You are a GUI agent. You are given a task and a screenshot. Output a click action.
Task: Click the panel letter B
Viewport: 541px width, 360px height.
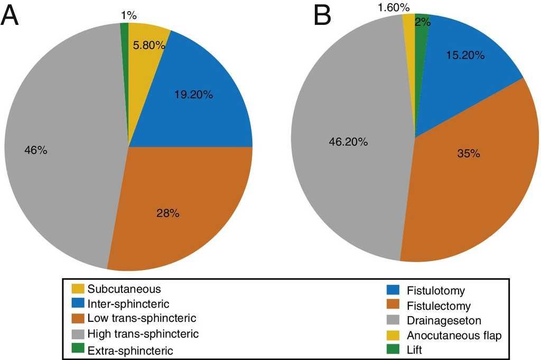(x=322, y=16)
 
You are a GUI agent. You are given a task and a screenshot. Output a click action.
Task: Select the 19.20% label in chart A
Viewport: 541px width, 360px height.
(x=193, y=96)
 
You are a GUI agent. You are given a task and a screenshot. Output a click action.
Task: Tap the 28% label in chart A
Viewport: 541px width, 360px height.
(x=168, y=213)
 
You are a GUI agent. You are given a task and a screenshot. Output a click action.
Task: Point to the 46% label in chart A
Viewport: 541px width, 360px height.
(x=36, y=150)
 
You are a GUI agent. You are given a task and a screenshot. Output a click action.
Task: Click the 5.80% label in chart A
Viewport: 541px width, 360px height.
(x=147, y=46)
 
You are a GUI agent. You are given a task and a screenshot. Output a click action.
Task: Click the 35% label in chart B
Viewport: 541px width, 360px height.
(x=468, y=154)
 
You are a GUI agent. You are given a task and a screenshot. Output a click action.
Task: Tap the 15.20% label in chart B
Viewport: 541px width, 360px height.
(x=465, y=54)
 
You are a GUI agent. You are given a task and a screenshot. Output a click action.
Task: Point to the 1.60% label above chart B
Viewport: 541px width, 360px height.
(x=393, y=8)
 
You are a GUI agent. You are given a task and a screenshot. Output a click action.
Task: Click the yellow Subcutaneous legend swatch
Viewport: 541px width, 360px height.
(x=78, y=289)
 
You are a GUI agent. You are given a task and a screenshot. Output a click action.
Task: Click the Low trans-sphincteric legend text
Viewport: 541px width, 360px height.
(x=142, y=319)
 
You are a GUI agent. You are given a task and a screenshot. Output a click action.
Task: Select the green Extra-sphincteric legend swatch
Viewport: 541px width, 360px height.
(x=78, y=349)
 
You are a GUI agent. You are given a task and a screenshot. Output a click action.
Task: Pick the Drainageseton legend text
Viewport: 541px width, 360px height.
(x=437, y=320)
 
